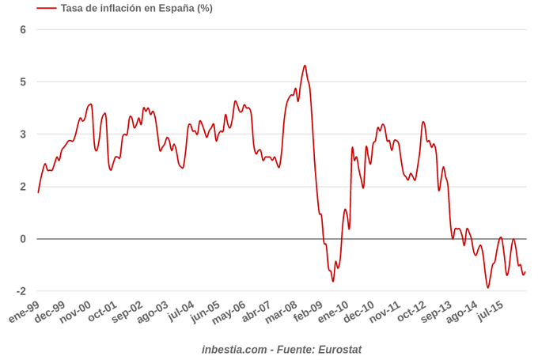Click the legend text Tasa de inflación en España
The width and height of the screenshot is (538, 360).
pos(136,8)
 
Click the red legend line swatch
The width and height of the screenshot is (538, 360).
pos(46,8)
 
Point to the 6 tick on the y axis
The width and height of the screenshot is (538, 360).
pos(23,30)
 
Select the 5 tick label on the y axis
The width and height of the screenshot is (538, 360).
pos(23,82)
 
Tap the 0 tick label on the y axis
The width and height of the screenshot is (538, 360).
pos(23,239)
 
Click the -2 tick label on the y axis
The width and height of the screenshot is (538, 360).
pos(21,291)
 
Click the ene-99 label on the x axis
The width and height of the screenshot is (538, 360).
pos(25,312)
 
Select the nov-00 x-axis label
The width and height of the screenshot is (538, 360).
pos(76,312)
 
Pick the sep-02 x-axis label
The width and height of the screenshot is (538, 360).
pos(128,312)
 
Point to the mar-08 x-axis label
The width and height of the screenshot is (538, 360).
pos(282,312)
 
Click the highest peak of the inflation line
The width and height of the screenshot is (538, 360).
pos(305,66)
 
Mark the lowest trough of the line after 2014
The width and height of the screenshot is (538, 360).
pos(488,287)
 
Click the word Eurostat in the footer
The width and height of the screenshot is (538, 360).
pos(339,349)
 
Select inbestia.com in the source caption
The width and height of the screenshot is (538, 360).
pos(234,349)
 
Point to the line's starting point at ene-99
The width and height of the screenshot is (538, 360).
pos(38,192)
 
